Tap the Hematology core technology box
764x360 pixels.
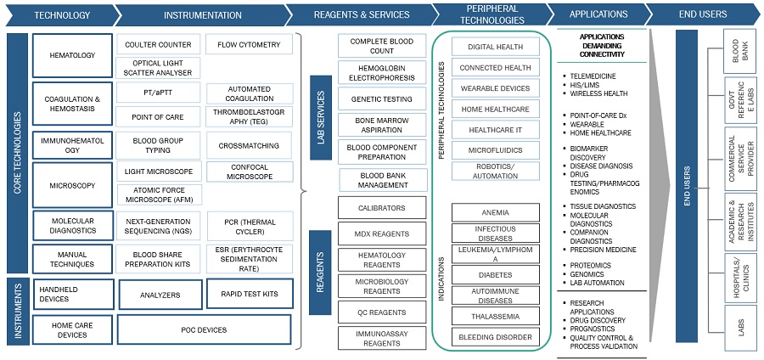pyautogui.click(x=73, y=56)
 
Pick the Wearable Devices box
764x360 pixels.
pyautogui.click(x=495, y=88)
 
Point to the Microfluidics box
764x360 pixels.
pyautogui.click(x=495, y=149)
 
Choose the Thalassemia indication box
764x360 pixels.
pyautogui.click(x=495, y=316)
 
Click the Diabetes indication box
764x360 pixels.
pyautogui.click(x=495, y=274)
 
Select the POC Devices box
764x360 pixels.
pyautogui.click(x=204, y=328)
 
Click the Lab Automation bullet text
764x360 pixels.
pyautogui.click(x=598, y=283)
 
